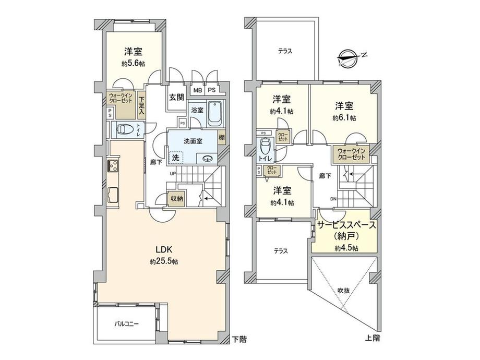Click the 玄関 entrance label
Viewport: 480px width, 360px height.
(x=175, y=97)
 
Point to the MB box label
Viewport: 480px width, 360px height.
(x=197, y=90)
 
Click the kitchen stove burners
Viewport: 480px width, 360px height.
(x=112, y=166)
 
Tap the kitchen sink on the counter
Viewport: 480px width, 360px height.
(x=113, y=196)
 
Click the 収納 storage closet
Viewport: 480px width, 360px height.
(x=176, y=199)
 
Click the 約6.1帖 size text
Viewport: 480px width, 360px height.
(x=345, y=118)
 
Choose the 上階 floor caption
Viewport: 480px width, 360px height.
(x=373, y=338)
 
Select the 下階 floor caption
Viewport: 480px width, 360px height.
(x=239, y=339)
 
